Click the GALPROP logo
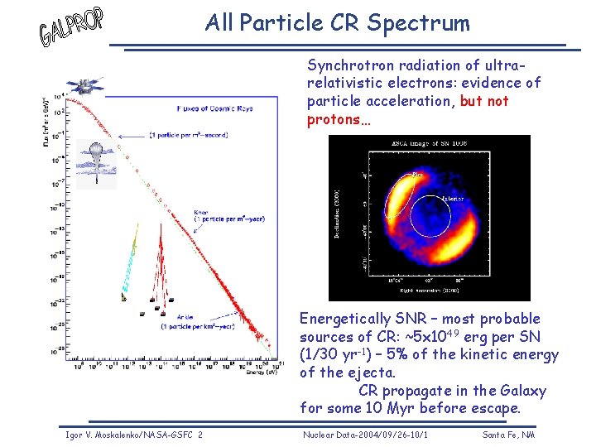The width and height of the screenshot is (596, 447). click(70, 27)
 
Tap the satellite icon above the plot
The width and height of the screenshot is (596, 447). click(84, 85)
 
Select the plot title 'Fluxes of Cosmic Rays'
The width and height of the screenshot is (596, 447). click(214, 108)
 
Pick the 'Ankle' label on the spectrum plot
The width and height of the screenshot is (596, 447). click(186, 317)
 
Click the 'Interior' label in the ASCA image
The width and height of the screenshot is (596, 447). click(452, 199)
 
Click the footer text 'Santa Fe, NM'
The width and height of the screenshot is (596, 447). click(508, 435)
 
